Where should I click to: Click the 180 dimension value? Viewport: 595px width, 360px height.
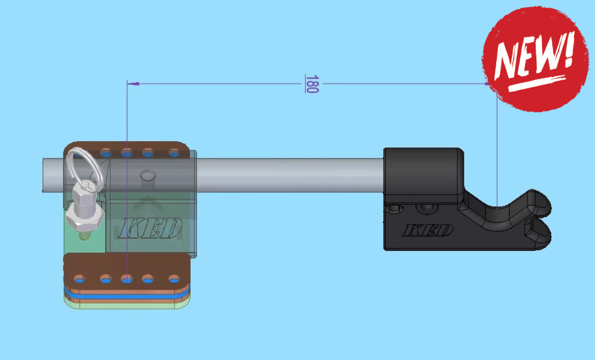tap(312, 84)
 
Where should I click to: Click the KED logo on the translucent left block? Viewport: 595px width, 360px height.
tap(150, 228)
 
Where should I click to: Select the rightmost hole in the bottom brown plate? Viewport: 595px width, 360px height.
tap(174, 279)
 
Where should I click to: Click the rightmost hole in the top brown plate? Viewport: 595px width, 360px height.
tap(174, 153)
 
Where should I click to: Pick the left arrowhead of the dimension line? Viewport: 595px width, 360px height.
tap(133, 84)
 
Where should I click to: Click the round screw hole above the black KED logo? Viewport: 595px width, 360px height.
tap(428, 207)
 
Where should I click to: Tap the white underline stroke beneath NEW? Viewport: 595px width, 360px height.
tap(538, 82)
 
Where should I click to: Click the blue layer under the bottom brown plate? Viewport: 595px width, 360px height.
tap(128, 295)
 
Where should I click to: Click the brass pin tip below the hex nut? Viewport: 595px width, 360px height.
tap(85, 236)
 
